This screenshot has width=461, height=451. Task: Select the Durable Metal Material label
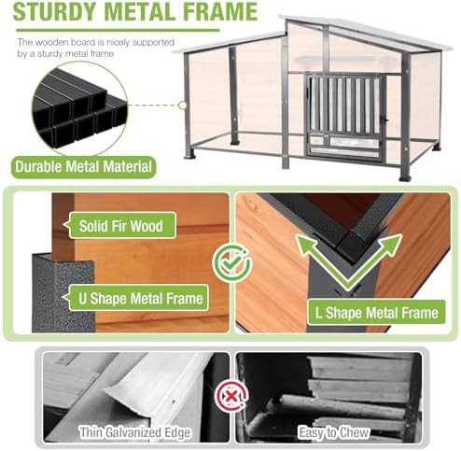pos(83,167)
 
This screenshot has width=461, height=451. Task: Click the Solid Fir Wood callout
pos(121,226)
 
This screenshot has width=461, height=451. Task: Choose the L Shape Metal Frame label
pos(376,313)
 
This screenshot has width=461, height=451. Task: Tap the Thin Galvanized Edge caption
pos(134,432)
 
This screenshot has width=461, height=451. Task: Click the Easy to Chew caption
pos(334,432)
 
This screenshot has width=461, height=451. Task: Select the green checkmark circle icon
pos(231,262)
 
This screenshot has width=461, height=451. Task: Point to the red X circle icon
pos(231,397)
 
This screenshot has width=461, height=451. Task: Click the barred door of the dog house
pos(345,118)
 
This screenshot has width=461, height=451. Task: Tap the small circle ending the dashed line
pos(183,106)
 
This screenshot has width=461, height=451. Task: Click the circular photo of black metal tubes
pos(79,107)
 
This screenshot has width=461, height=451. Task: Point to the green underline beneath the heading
pos(119,31)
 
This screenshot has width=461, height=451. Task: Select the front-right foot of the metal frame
pos(405,176)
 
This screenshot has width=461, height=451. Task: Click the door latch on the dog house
pos(386,120)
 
